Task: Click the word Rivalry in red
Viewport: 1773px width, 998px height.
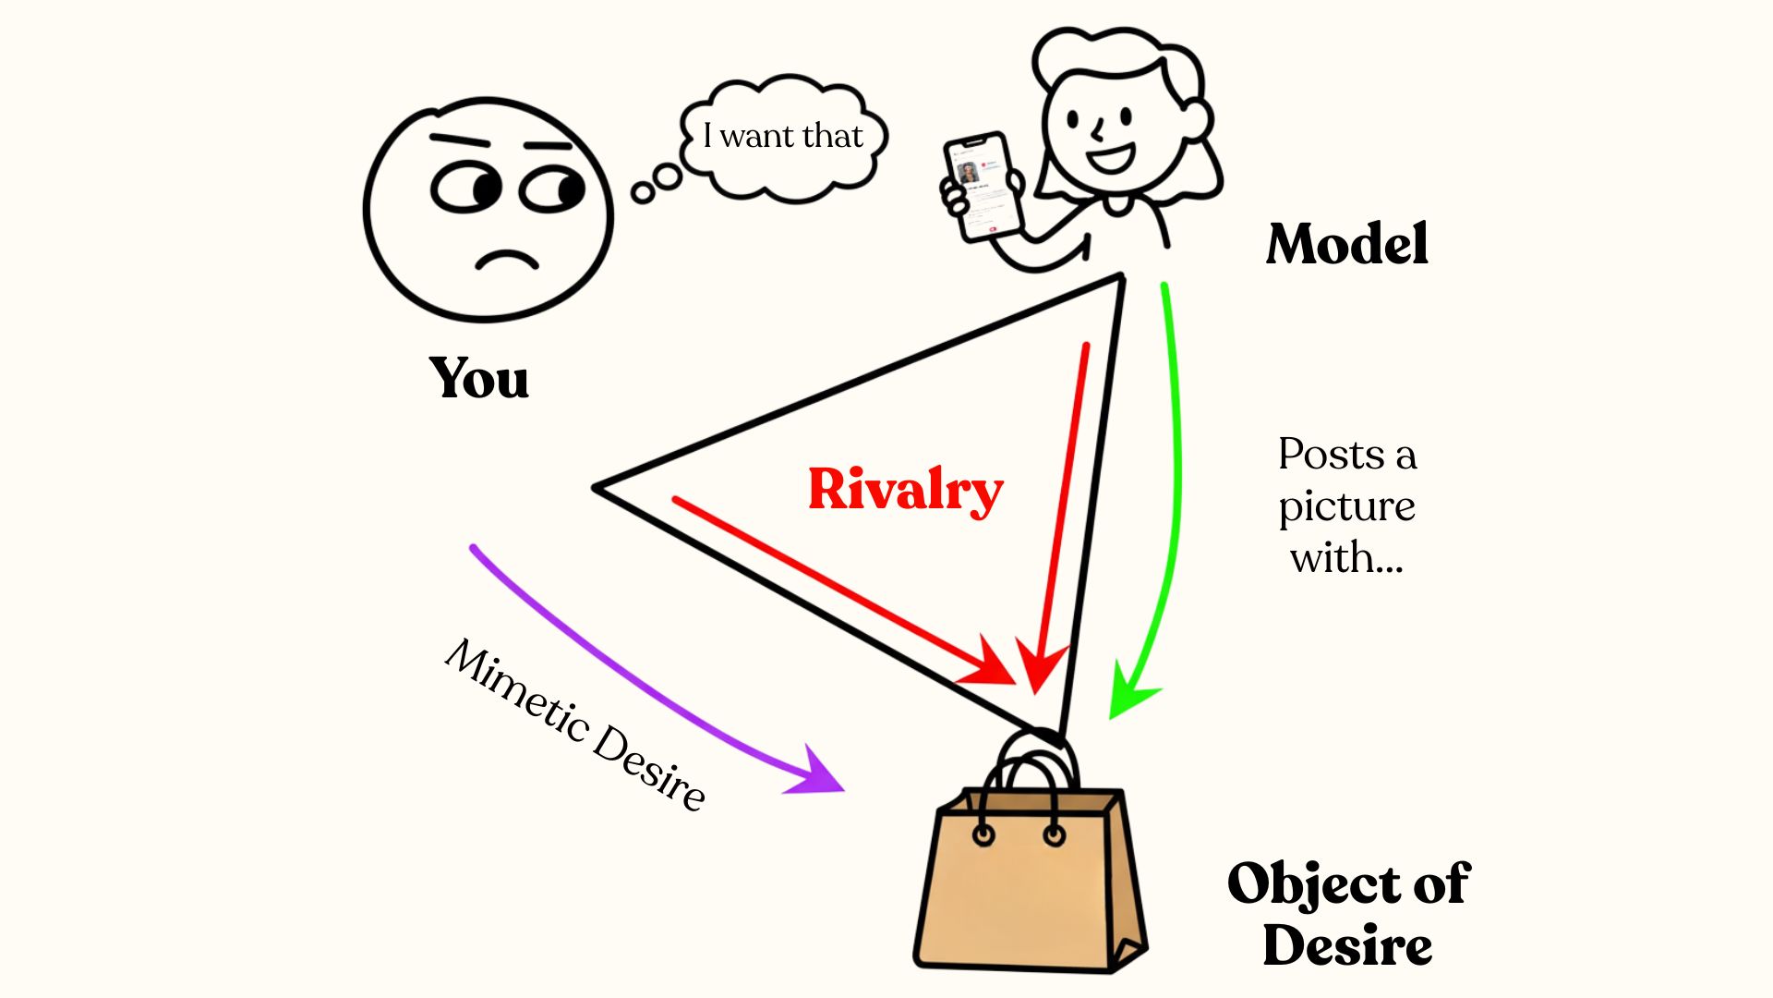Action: (x=905, y=489)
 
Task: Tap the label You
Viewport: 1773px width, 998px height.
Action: (x=478, y=378)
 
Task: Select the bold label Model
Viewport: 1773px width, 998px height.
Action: (x=1347, y=244)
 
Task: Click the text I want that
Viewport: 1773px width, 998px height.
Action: (x=782, y=136)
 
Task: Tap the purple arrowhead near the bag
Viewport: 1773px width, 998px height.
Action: (x=816, y=773)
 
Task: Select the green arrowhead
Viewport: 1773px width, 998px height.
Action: (x=1130, y=693)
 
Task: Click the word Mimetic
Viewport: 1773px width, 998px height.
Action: (x=517, y=688)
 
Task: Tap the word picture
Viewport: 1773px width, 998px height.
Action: (x=1346, y=506)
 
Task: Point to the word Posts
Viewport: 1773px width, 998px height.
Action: (x=1330, y=455)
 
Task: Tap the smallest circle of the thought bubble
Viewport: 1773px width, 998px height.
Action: (x=643, y=192)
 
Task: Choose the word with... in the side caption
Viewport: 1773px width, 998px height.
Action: (x=1346, y=558)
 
